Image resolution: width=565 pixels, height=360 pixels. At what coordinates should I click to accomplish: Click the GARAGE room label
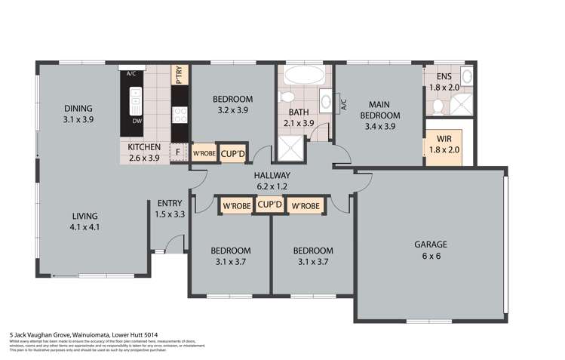431,244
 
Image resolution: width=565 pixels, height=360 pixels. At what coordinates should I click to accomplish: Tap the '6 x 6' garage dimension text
431,256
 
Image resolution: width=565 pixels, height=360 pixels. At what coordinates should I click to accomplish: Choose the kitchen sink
136,98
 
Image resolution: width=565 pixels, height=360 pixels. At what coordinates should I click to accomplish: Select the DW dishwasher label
137,121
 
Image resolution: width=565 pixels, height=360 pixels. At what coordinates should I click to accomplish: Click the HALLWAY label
272,175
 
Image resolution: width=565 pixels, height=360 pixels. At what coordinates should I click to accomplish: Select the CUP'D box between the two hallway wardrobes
269,204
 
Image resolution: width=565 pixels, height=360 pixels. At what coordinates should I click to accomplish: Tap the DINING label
78,108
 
